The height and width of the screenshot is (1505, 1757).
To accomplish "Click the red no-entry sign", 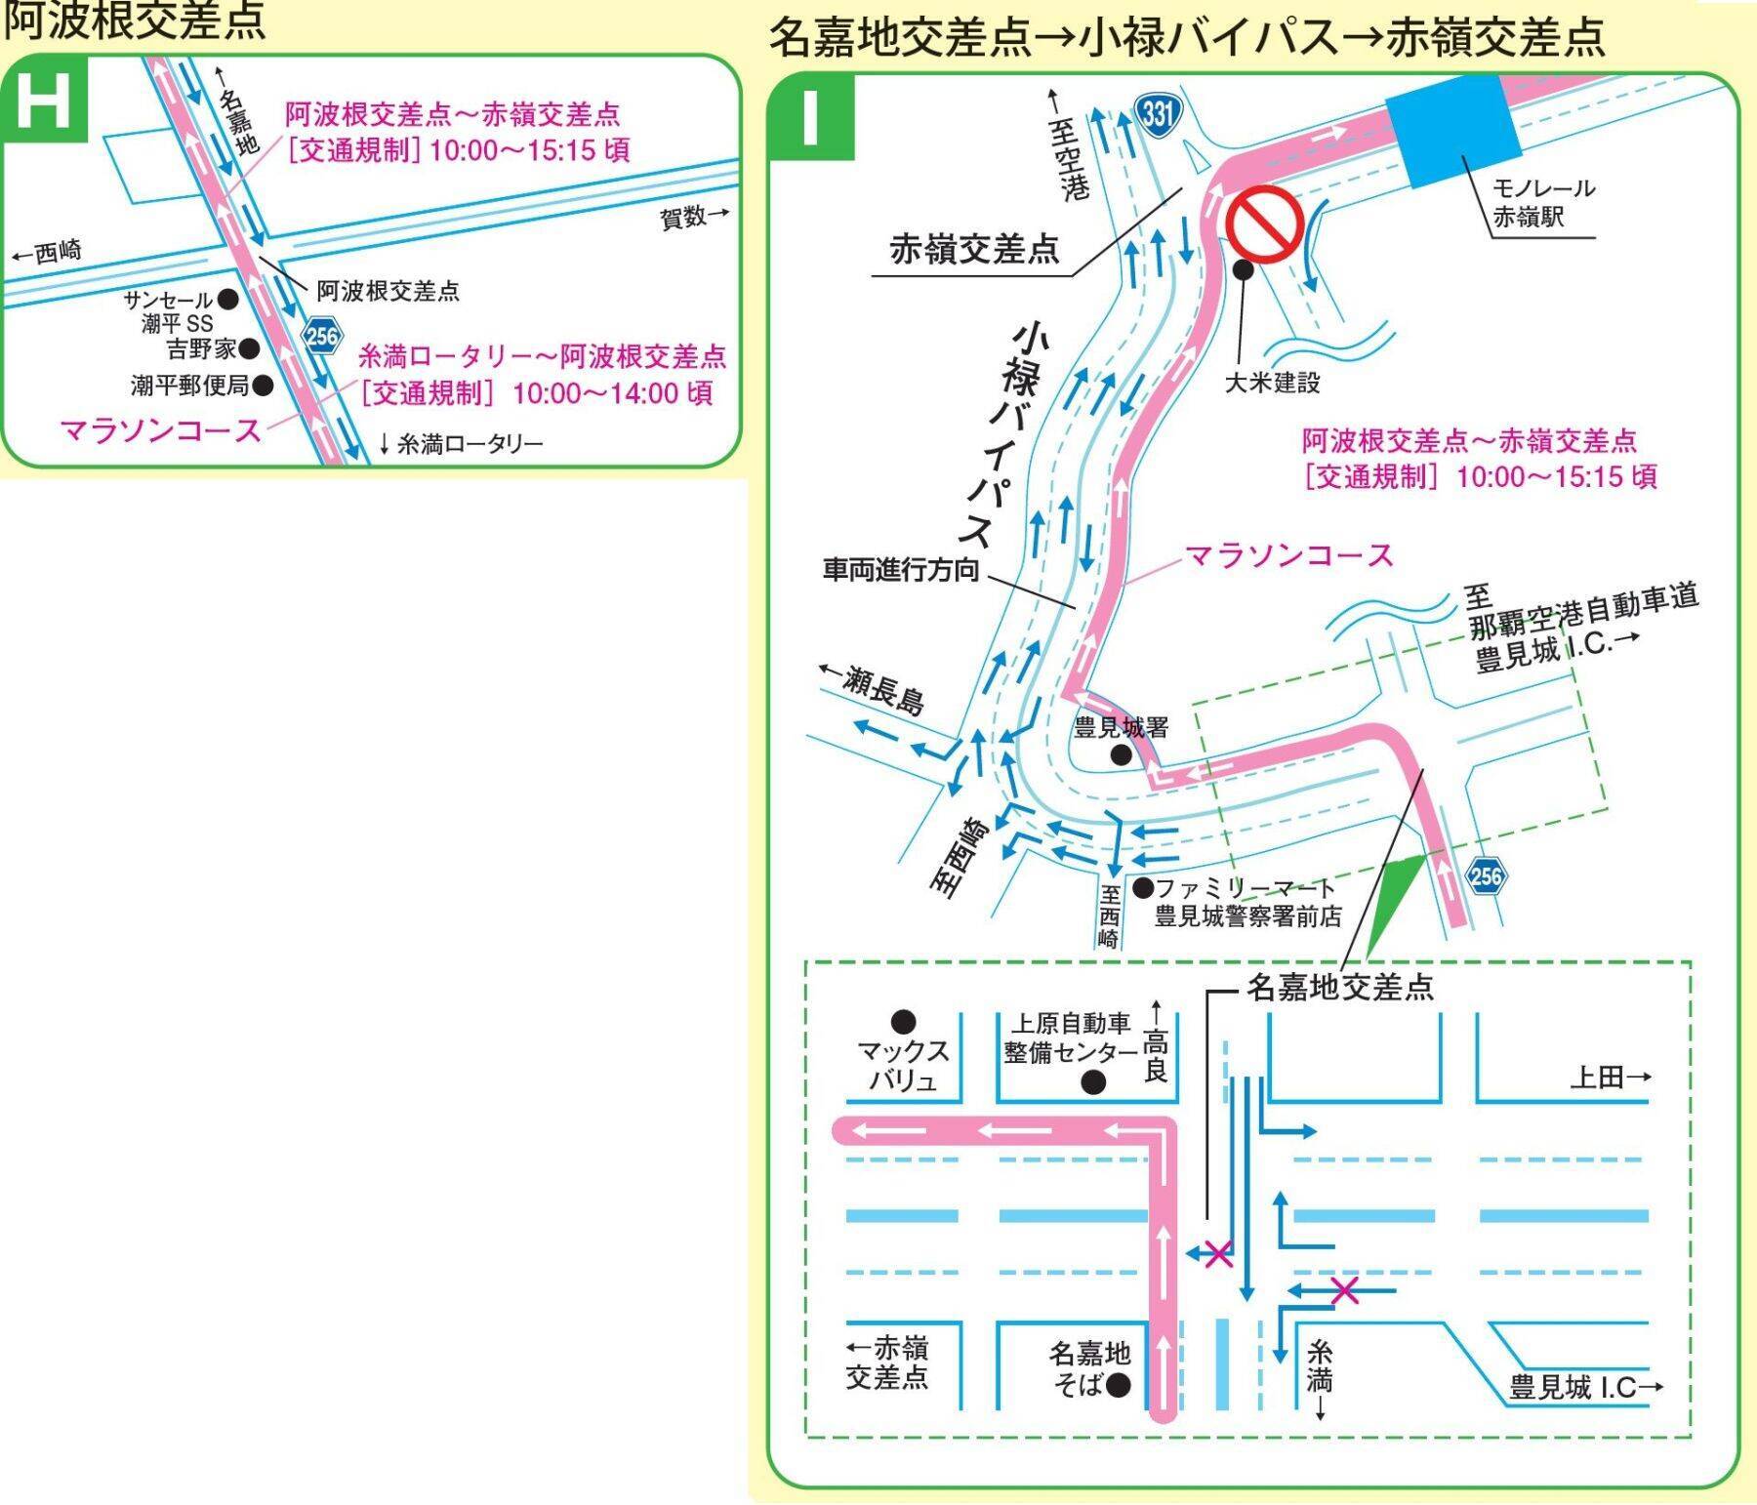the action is point(1265,224).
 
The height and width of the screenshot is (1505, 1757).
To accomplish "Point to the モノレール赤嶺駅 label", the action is point(1543,202).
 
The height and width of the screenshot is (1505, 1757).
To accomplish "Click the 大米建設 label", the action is point(1272,383).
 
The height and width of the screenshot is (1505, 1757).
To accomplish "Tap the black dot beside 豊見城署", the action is point(1122,753).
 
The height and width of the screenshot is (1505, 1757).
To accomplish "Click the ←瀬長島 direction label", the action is point(872,688).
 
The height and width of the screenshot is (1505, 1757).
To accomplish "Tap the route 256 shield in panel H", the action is point(321,337).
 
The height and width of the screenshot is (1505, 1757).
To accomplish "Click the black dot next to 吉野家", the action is point(249,347).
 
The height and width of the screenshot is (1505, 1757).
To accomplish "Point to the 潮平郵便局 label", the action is point(190,386).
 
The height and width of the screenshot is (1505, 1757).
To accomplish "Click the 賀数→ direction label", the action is point(695,217).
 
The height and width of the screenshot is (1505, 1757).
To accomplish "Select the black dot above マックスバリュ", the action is point(904,1022).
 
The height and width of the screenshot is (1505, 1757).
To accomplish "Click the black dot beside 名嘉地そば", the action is point(1120,1384).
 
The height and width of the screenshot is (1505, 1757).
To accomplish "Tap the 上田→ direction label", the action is point(1611,1077).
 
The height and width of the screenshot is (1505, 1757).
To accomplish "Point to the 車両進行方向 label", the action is point(901,570).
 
